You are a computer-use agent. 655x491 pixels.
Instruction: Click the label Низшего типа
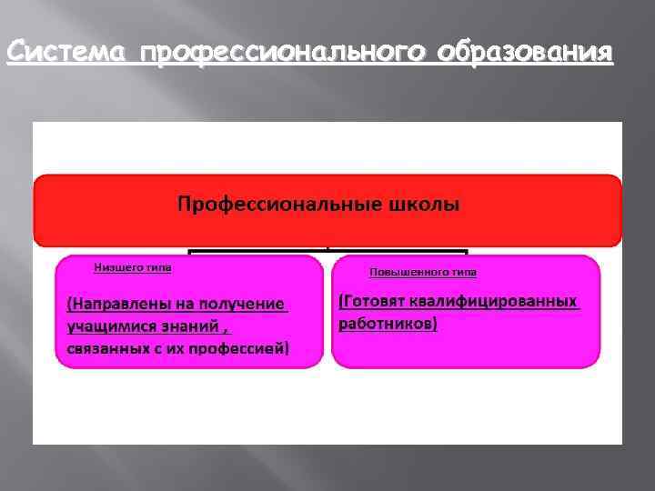coord(133,268)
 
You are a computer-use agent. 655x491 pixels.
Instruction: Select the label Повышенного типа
coord(422,272)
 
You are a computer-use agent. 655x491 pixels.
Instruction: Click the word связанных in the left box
coord(107,348)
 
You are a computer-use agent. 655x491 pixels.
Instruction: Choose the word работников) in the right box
coord(388,324)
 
